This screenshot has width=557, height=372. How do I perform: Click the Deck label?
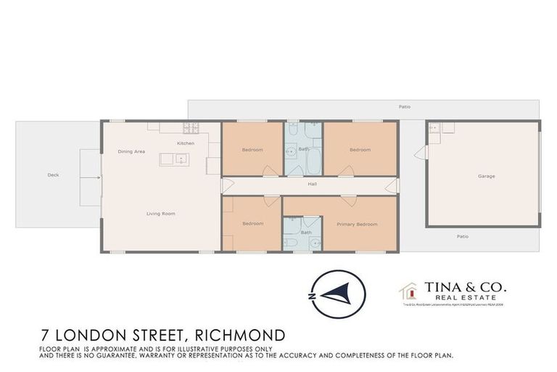click(x=53, y=175)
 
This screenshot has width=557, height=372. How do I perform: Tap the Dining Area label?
click(x=132, y=151)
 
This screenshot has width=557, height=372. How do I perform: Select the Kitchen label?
click(x=185, y=143)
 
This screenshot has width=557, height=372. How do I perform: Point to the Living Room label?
click(x=160, y=214)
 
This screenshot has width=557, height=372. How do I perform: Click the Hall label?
click(x=312, y=184)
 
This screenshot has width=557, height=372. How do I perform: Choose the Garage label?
click(x=486, y=177)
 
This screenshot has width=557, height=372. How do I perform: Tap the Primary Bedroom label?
click(x=357, y=224)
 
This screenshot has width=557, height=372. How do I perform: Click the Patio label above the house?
click(x=405, y=107)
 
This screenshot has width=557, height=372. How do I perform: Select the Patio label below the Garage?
click(x=463, y=236)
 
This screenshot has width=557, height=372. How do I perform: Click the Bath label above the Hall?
click(x=304, y=150)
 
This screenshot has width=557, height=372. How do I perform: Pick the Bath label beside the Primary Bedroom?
click(x=306, y=232)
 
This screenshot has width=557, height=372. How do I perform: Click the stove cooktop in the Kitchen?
click(x=191, y=129)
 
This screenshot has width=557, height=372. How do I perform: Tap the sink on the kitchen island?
click(x=182, y=158)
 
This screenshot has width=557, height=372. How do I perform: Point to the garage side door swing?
click(x=418, y=153)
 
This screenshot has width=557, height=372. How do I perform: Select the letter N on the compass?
click(x=310, y=297)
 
